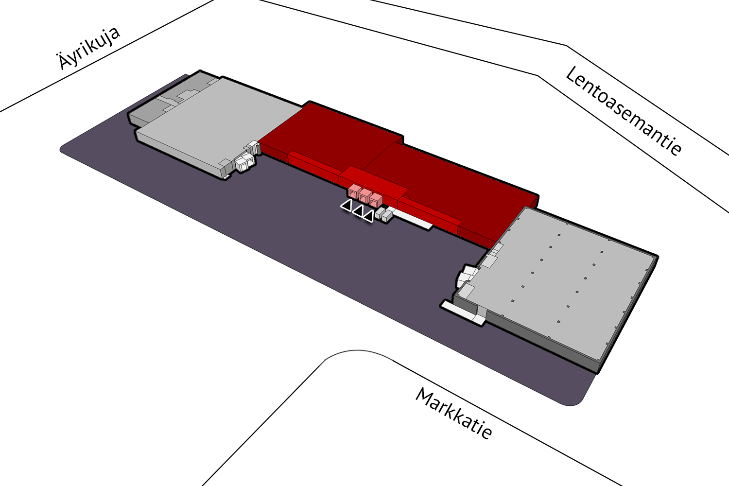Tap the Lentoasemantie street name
pyautogui.click(x=623, y=111)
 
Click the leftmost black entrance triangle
pyautogui.click(x=346, y=206)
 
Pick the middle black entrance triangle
pyautogui.click(x=358, y=211)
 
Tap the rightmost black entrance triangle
pyautogui.click(x=368, y=216)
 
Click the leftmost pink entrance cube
pyautogui.click(x=353, y=191)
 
